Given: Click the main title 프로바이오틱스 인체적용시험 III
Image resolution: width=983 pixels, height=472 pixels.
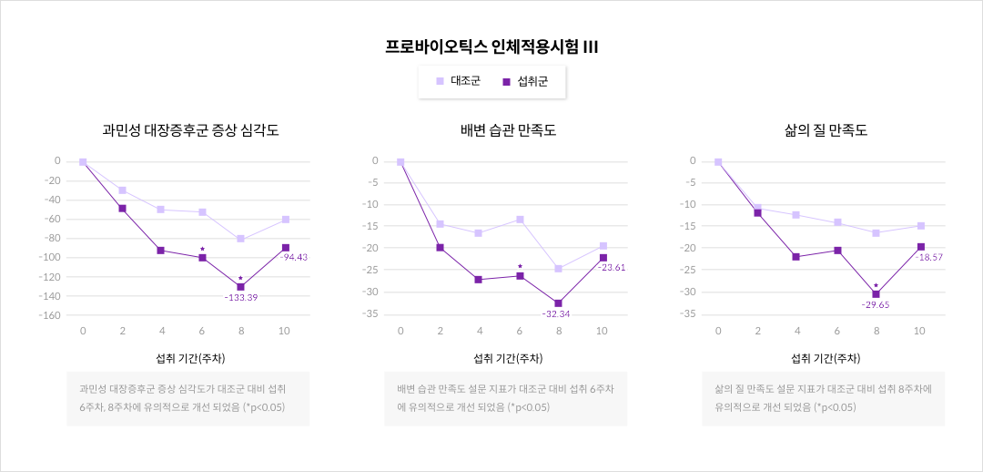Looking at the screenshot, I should [491, 46].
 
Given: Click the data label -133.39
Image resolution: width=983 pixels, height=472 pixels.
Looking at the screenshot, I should [240, 297].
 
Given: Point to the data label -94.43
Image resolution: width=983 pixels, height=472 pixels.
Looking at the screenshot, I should [293, 257].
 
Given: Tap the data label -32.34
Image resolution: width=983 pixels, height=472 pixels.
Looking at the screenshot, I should [556, 313].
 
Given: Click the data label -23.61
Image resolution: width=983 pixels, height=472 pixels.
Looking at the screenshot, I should [612, 268].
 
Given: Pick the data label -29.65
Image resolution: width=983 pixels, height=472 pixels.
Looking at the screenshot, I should [875, 304].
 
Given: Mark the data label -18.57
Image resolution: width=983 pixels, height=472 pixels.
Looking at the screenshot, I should [929, 258].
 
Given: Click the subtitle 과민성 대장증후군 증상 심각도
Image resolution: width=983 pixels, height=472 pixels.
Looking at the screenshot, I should [190, 130].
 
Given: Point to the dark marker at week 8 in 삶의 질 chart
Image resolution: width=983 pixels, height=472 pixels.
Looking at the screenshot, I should [876, 293].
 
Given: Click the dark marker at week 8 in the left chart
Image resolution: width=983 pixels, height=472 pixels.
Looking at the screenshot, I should [240, 286].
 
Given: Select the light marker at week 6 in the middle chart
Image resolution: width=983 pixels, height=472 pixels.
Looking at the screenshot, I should [520, 219].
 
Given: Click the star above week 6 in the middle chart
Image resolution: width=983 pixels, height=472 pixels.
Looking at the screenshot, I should [520, 267].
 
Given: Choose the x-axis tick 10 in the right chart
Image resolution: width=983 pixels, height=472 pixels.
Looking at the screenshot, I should [919, 331].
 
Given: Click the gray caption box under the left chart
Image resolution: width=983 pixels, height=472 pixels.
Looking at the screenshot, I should [187, 398].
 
